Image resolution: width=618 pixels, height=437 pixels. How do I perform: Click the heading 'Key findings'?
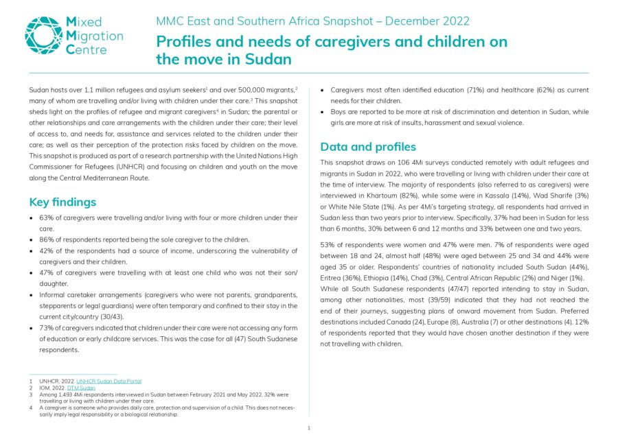coord(62,202)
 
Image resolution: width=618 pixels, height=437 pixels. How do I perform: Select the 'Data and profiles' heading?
coord(367,147)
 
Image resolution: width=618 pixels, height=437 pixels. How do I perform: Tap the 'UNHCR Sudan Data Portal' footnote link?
coord(108,381)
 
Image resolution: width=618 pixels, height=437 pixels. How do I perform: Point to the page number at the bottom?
coord(309,428)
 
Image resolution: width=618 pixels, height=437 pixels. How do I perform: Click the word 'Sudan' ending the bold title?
coord(268,59)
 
